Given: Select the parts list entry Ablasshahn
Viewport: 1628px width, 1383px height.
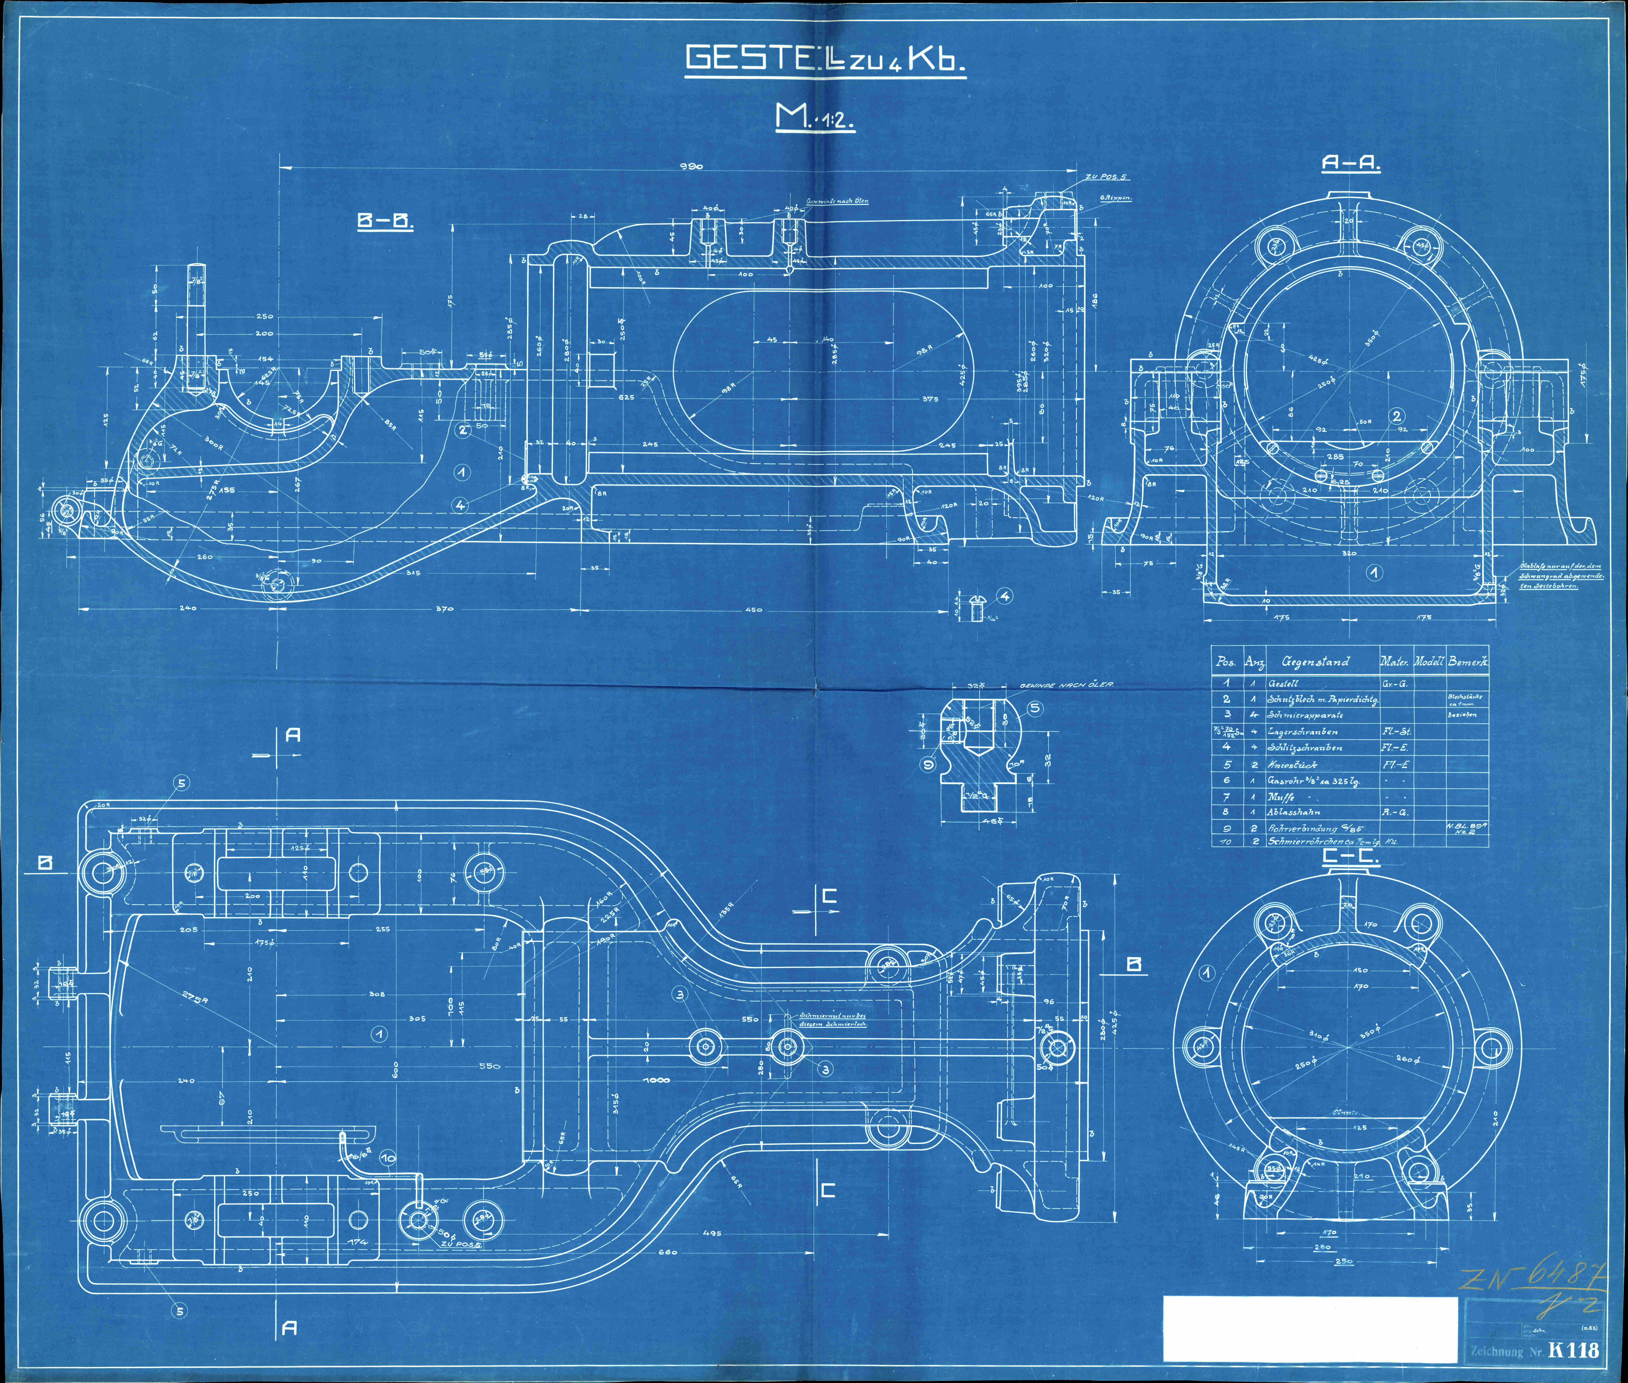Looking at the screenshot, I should (1294, 812).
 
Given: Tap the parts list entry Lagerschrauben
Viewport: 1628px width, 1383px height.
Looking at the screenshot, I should (1302, 732).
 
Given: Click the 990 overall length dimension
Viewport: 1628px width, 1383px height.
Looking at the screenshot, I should (692, 166).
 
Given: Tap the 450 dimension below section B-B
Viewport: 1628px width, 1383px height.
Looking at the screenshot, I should (753, 609).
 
